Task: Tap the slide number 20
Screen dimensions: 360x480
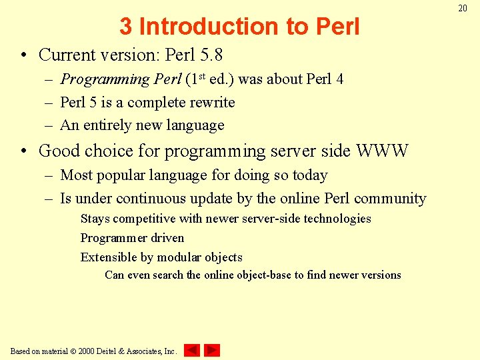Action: [463, 8]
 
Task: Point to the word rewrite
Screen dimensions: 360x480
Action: [211, 103]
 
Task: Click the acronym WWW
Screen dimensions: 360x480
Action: [382, 151]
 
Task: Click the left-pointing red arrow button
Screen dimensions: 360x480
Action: [192, 350]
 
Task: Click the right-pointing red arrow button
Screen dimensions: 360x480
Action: [212, 350]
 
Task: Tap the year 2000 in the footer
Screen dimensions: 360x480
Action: [86, 351]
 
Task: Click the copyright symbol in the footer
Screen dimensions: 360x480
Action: [73, 351]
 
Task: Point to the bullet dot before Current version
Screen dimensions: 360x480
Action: [24, 55]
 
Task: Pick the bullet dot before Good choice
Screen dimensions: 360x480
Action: [24, 151]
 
